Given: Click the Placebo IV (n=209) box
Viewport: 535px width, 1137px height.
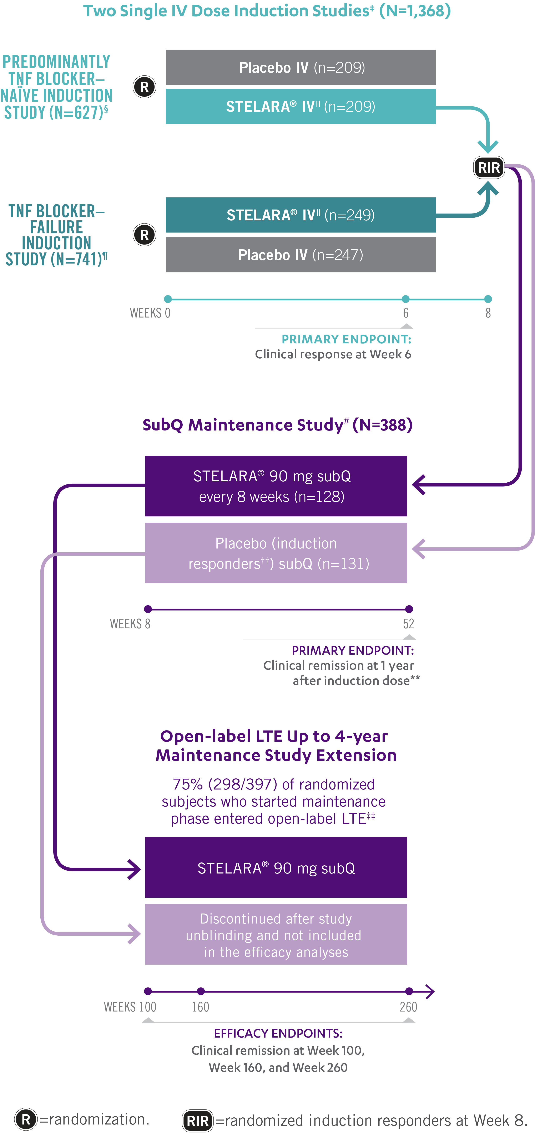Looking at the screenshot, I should tap(300, 68).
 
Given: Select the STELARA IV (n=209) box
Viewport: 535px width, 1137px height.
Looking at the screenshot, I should tap(300, 106).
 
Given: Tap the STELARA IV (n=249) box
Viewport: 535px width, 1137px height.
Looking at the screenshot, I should tap(300, 215).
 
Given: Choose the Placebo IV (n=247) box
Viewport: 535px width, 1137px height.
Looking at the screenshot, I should tap(300, 255).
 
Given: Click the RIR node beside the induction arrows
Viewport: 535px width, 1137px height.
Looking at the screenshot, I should tap(489, 168).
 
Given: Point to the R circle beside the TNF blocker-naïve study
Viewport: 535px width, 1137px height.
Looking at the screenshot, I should tap(144, 87).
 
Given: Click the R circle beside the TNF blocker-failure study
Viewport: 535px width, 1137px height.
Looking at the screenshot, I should tap(144, 235).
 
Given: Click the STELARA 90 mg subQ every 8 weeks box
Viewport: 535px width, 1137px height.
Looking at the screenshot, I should tap(276, 486).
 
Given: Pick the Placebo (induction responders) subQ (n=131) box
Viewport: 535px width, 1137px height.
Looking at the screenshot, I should tap(276, 553).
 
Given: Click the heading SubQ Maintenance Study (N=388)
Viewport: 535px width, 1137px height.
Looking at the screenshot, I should tap(277, 425).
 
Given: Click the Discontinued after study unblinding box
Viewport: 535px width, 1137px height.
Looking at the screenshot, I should tap(276, 935).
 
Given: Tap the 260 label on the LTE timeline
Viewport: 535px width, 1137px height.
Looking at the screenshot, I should tap(408, 1007).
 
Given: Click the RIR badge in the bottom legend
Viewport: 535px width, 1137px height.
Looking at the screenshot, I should tap(198, 1121).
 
